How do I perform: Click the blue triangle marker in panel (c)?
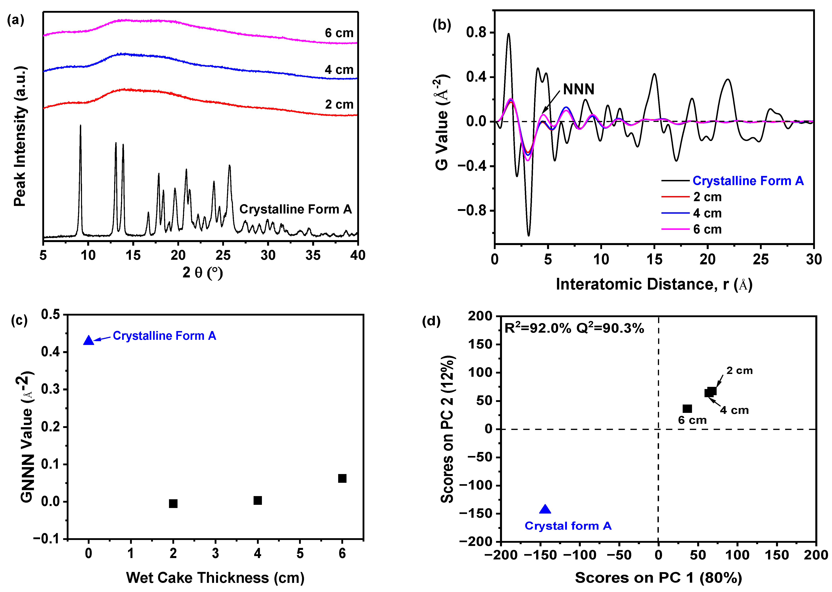[89, 340]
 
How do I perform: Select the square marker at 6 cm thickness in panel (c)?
[342, 478]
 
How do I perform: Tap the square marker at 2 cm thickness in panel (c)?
[173, 503]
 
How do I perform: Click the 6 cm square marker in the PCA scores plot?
[687, 409]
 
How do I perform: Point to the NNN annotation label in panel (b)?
[578, 89]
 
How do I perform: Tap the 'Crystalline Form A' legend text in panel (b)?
[748, 181]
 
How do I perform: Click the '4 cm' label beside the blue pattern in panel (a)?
[339, 70]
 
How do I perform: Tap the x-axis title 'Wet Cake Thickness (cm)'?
[215, 578]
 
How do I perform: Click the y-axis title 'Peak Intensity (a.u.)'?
[20, 136]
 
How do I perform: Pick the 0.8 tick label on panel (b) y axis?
[476, 32]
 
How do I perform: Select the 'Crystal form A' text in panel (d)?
[568, 526]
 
